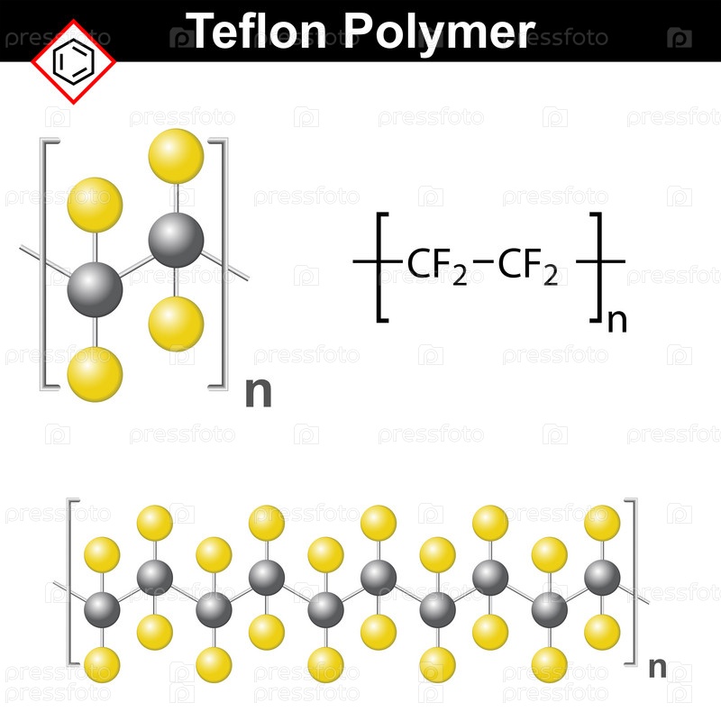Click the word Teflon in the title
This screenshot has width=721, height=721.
(x=260, y=31)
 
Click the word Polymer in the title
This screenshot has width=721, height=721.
(x=440, y=33)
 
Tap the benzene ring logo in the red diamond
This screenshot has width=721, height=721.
(x=74, y=61)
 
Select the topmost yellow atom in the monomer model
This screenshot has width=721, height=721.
(x=176, y=156)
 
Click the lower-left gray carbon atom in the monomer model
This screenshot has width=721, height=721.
(x=96, y=289)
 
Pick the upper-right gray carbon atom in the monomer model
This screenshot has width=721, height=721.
(x=176, y=240)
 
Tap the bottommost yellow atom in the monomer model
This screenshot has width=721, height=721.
(x=96, y=374)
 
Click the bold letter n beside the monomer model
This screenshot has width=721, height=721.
(x=259, y=392)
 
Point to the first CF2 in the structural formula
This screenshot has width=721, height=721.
(x=437, y=266)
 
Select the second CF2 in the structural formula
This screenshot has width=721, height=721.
(x=528, y=266)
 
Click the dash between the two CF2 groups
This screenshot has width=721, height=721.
(x=483, y=261)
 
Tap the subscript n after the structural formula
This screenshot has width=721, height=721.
(x=617, y=321)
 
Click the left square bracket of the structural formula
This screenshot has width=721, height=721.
(x=382, y=267)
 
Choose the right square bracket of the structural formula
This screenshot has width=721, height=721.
(x=596, y=267)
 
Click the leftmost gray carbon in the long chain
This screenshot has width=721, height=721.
(x=102, y=610)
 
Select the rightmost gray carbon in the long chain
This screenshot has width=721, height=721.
(x=602, y=578)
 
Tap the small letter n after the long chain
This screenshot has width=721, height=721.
(x=658, y=667)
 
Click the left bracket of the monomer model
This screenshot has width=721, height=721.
(x=50, y=264)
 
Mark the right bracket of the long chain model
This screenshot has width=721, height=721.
(x=631, y=581)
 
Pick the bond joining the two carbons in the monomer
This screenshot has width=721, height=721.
(x=136, y=265)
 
